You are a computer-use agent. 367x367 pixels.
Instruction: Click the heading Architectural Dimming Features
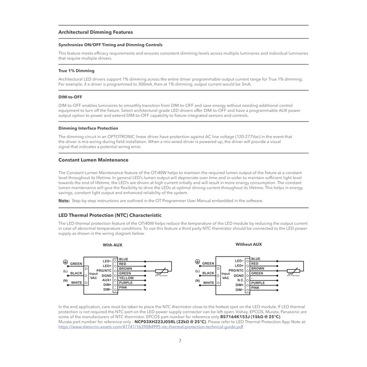[96, 32]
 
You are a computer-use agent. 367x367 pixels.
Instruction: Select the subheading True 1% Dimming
[76, 71]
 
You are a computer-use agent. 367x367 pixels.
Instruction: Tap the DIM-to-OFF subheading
[70, 97]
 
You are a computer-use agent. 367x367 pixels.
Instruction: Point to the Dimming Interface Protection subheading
[88, 128]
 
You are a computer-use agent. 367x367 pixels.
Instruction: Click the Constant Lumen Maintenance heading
[94, 160]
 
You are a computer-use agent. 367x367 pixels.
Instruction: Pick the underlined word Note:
[64, 200]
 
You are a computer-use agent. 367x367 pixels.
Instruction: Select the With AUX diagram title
[112, 245]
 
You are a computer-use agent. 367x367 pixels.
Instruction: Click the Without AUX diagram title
[249, 245]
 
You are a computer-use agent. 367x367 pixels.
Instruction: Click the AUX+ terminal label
[107, 280]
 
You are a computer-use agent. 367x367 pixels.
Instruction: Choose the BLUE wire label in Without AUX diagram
[256, 259]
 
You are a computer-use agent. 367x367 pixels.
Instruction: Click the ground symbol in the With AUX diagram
[66, 262]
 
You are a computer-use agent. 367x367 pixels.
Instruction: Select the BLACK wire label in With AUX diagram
[76, 273]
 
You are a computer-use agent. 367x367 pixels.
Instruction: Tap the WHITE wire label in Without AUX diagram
[208, 283]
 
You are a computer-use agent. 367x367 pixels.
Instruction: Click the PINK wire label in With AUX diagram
[123, 288]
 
